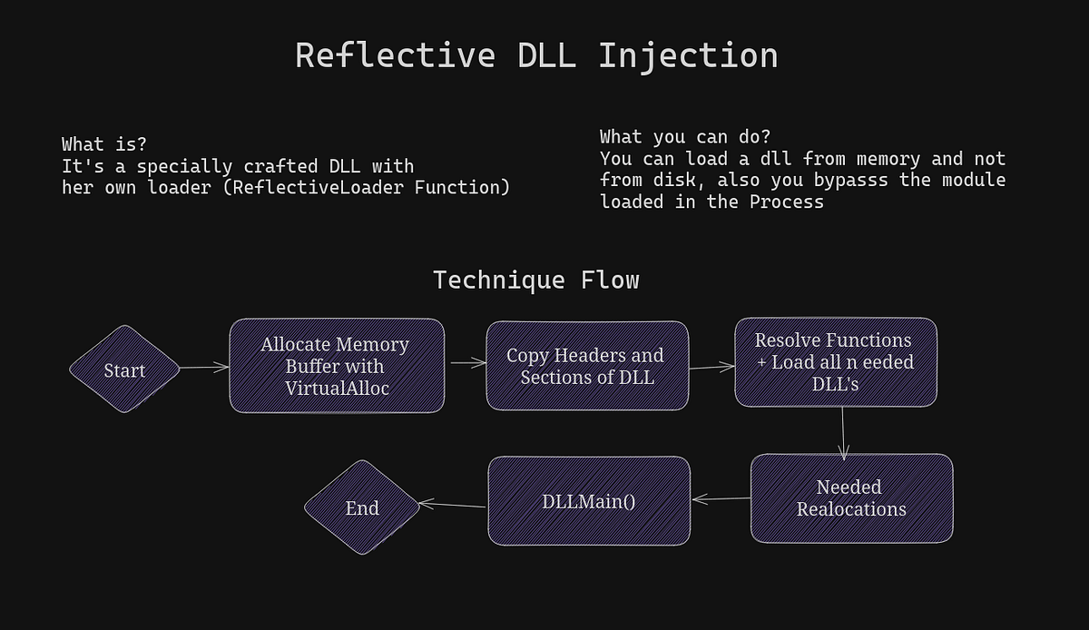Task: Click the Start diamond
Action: (125, 369)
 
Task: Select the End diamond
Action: (361, 507)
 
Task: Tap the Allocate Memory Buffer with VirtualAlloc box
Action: (337, 366)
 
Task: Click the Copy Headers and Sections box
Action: (586, 366)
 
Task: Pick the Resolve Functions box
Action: (835, 361)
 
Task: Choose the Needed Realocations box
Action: (851, 498)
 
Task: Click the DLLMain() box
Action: (589, 500)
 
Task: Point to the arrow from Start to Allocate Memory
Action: (204, 368)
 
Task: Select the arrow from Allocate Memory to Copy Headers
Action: (466, 363)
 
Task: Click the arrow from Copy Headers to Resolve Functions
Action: (711, 367)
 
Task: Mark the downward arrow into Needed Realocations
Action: (843, 432)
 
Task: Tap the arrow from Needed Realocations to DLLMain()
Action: (721, 498)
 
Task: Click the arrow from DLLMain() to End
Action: (452, 505)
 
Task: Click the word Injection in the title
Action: (687, 55)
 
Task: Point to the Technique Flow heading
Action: (535, 280)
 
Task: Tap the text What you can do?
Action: (684, 137)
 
